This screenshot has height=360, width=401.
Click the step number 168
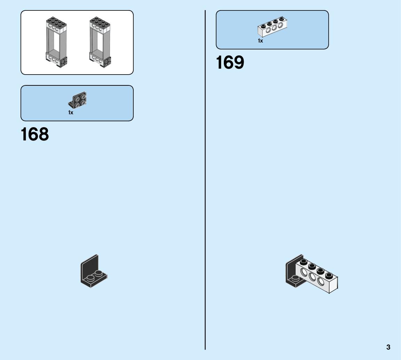(35, 134)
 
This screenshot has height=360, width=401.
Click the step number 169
(230, 63)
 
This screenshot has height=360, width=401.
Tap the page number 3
(388, 347)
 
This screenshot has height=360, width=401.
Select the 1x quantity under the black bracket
(71, 113)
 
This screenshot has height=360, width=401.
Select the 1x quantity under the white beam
(260, 41)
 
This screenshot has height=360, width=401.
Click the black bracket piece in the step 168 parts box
(78, 100)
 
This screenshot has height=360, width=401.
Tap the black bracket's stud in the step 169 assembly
(295, 278)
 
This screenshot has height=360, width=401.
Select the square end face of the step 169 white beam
(333, 284)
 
